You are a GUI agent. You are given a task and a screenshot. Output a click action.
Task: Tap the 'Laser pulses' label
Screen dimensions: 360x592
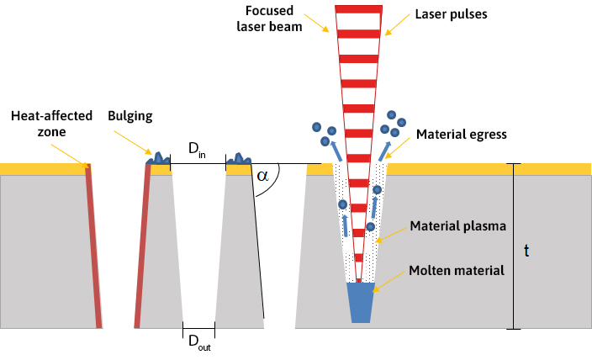pos(440,13)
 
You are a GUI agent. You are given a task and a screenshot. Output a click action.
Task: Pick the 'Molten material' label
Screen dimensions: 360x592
pos(458,270)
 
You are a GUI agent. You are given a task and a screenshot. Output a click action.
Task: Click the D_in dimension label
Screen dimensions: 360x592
pos(196,150)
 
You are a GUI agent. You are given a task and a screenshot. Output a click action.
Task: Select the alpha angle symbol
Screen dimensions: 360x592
pos(263,176)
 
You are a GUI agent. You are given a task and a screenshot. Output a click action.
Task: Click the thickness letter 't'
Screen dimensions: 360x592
pos(526,250)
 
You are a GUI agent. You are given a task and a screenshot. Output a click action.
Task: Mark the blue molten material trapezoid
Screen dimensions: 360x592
pos(359,302)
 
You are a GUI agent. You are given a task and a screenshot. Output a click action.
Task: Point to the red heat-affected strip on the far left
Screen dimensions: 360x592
pos(93,244)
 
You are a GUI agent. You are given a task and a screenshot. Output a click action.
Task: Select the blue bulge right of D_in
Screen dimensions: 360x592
pos(239,157)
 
